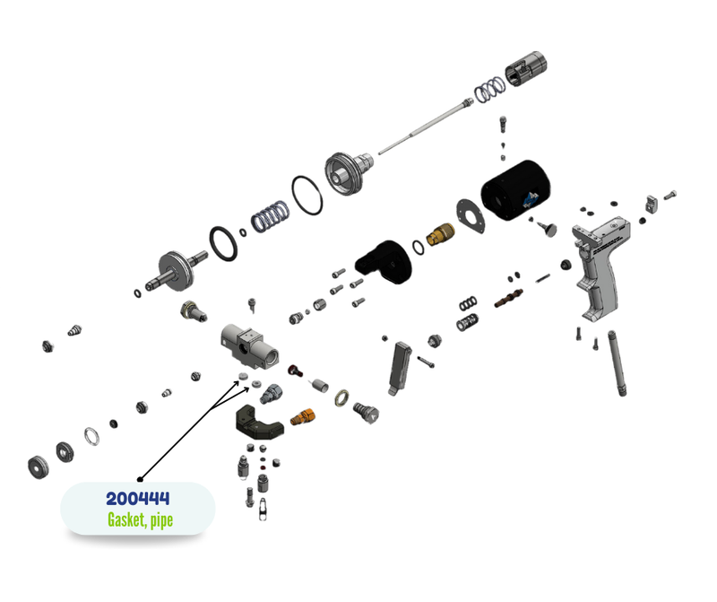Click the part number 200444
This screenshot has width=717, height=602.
[x=138, y=499]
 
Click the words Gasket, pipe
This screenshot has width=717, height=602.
[x=141, y=520]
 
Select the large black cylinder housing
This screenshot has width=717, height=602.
[x=515, y=189]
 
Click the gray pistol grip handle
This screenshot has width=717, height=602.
[x=600, y=268]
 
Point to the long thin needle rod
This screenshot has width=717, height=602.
[x=425, y=127]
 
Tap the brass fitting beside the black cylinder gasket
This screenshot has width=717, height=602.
[x=440, y=234]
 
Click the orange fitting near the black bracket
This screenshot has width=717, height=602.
[x=303, y=417]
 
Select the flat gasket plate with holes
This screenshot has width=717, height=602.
[x=471, y=216]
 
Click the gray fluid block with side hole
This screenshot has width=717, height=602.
[x=249, y=346]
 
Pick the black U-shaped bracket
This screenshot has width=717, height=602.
[x=259, y=423]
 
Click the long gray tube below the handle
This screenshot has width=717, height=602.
[x=617, y=363]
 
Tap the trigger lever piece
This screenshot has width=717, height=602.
[x=399, y=369]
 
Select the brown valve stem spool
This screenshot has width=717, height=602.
[x=508, y=298]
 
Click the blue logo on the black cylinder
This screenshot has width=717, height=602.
[x=531, y=199]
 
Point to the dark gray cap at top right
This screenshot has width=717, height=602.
[x=526, y=68]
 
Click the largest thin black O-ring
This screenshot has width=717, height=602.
[x=307, y=196]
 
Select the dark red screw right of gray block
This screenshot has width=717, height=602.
[x=295, y=370]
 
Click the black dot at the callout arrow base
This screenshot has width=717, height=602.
[x=141, y=479]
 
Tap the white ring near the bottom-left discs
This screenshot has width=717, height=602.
[x=91, y=436]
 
